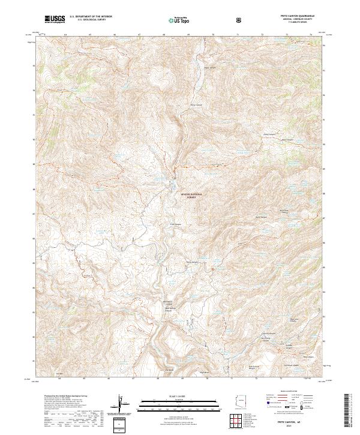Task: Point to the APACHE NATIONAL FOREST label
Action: pos(188,195)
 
